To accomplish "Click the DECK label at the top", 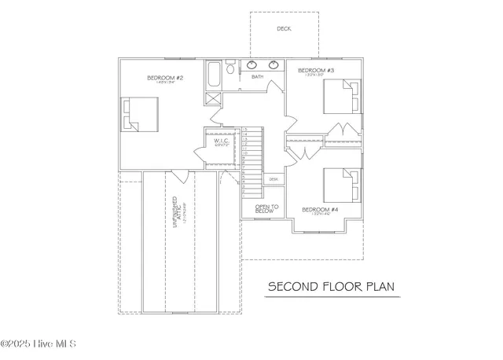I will (x=285, y=29).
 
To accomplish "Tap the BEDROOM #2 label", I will (x=165, y=78).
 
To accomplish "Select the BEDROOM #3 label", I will (x=316, y=71).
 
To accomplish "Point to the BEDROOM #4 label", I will (x=320, y=210).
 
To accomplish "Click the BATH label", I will (x=258, y=77).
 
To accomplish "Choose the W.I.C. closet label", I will (x=221, y=141).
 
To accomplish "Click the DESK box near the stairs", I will (x=274, y=179).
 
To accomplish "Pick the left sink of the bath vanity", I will (x=254, y=65).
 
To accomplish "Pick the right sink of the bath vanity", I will (x=273, y=65).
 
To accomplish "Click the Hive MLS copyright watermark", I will (x=39, y=344).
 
